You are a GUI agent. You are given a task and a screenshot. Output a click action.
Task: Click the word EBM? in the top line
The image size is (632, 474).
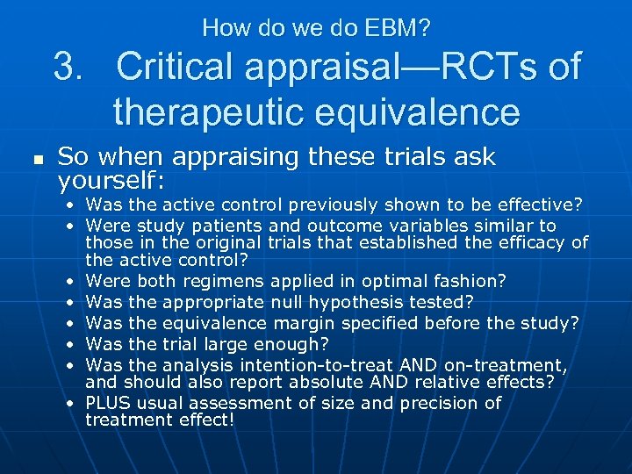pyautogui.click(x=399, y=28)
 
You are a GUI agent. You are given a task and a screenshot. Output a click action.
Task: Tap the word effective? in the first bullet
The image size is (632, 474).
pyautogui.click(x=536, y=205)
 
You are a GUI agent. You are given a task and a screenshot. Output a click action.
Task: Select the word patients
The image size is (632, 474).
pyautogui.click(x=219, y=226)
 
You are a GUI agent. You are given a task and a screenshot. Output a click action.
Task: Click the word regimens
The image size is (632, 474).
pyautogui.click(x=231, y=281)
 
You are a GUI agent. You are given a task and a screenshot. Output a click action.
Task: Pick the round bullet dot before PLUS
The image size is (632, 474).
pyautogui.click(x=68, y=404)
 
